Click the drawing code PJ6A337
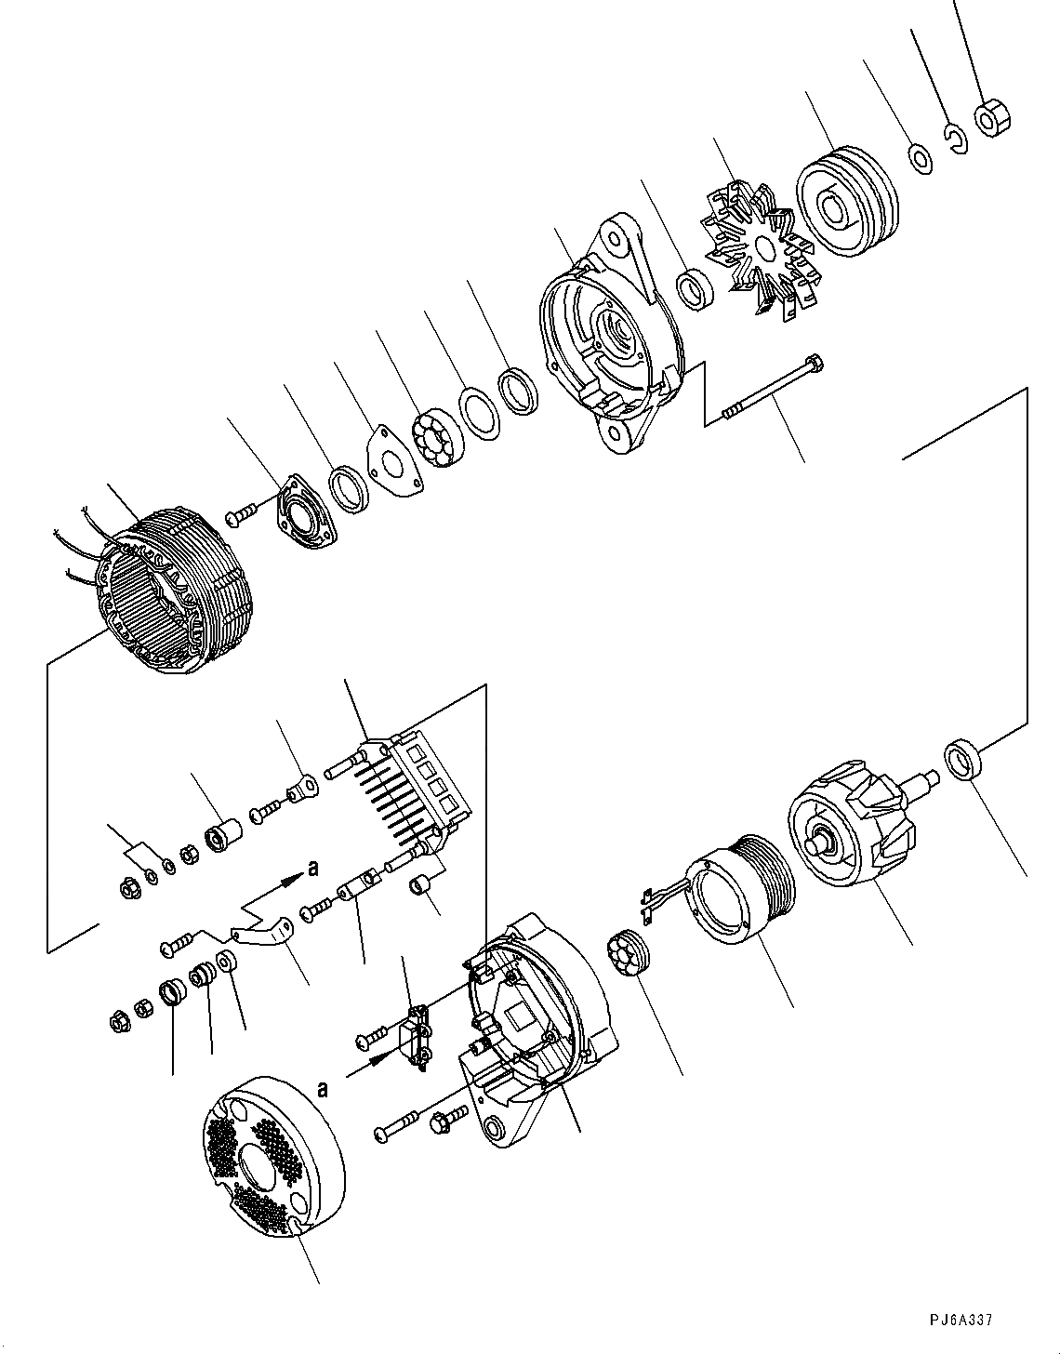pos(961,1319)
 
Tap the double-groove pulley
pos(846,199)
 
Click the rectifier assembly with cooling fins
pos(414,787)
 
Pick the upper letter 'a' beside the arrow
pos(313,868)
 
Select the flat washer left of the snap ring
pos(921,159)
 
